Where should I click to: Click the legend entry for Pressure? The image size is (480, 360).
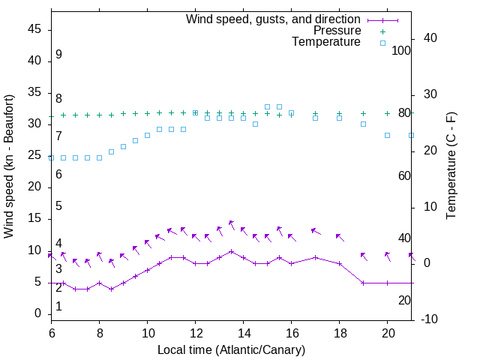click(x=337, y=31)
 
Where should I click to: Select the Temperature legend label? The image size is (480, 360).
click(x=326, y=42)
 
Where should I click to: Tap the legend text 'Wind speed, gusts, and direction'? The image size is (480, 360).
click(x=273, y=19)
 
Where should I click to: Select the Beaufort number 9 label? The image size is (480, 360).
click(x=58, y=55)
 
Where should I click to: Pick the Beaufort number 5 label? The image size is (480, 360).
click(x=58, y=206)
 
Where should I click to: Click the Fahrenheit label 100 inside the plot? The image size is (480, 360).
click(x=401, y=50)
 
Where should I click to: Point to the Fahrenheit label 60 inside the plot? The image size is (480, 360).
click(x=404, y=175)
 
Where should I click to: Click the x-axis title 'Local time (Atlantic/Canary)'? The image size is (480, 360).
click(x=231, y=349)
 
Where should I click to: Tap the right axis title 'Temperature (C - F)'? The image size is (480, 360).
click(x=451, y=166)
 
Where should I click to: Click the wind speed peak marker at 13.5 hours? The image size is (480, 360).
click(x=232, y=251)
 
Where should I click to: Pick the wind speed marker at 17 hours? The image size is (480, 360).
click(x=316, y=257)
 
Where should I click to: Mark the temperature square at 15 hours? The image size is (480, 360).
click(x=268, y=106)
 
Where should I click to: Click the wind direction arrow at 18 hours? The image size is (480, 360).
click(x=340, y=237)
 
